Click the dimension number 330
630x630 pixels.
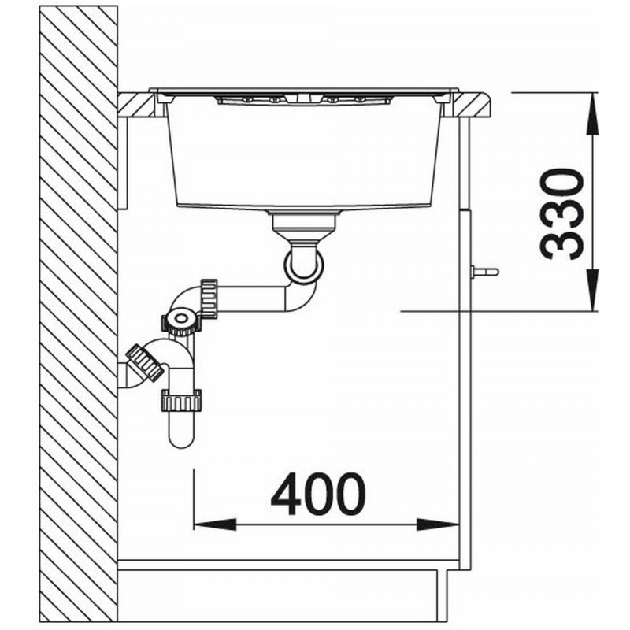click(561, 214)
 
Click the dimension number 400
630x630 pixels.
click(318, 494)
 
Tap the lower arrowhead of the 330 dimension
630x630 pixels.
click(593, 290)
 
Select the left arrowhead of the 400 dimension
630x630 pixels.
click(214, 524)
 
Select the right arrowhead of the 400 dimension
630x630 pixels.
click(438, 524)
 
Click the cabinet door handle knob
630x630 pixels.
click(485, 272)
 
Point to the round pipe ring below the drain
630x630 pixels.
click(304, 262)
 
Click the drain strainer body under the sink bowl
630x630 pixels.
click(304, 226)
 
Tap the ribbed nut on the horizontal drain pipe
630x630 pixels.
click(209, 298)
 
